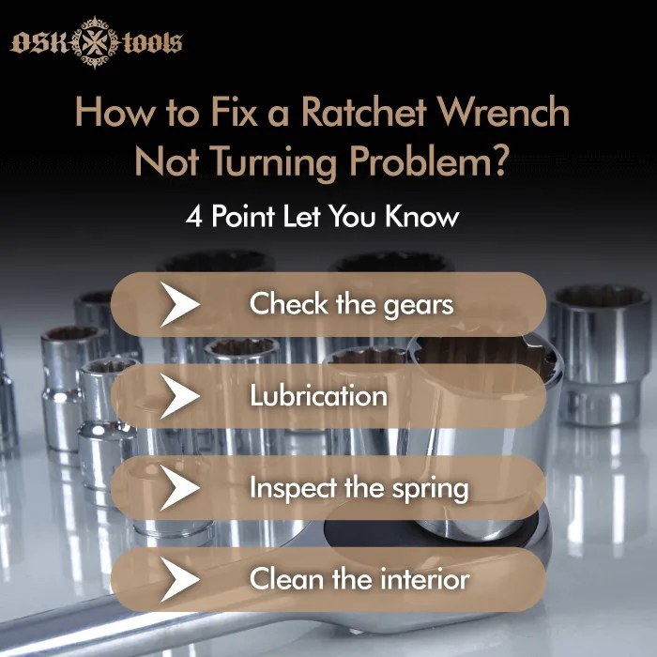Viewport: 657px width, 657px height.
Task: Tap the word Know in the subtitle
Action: pos(425,216)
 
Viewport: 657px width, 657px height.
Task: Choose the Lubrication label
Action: pos(318,395)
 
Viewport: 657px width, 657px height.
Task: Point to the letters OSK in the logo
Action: pos(42,43)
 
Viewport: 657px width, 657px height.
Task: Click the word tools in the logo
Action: pos(150,43)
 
